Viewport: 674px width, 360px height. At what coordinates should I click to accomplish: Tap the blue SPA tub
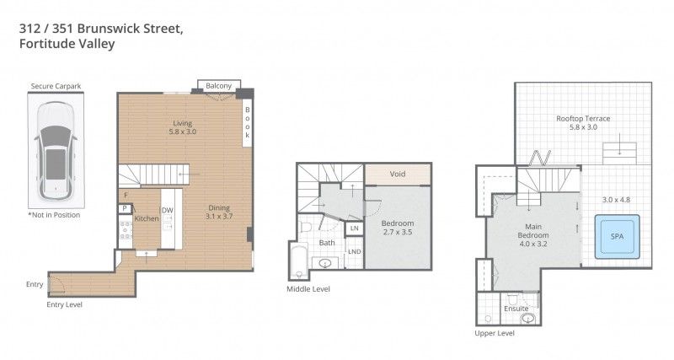[x=616, y=238]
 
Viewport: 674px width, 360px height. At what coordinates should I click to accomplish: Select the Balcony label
[x=218, y=85]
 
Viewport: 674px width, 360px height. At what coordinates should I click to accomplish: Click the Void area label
[x=398, y=175]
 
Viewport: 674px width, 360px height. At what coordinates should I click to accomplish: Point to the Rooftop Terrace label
[x=583, y=123]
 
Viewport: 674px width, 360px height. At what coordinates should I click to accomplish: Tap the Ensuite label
[x=516, y=309]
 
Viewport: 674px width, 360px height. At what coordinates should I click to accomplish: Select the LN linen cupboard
[x=354, y=228]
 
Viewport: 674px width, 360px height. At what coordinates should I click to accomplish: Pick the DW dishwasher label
[x=167, y=210]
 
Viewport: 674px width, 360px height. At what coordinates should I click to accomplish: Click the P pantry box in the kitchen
[x=125, y=207]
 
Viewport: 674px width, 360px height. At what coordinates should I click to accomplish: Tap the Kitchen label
[x=146, y=219]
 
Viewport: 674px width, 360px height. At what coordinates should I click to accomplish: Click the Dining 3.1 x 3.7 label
[x=219, y=212]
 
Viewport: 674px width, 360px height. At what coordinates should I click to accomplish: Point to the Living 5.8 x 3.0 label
[x=183, y=127]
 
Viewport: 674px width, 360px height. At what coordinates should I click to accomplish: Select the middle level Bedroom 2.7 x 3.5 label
[x=397, y=227]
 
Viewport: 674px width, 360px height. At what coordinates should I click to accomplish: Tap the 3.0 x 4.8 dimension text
[x=616, y=200]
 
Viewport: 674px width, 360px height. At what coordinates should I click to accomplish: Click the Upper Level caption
[x=494, y=334]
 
